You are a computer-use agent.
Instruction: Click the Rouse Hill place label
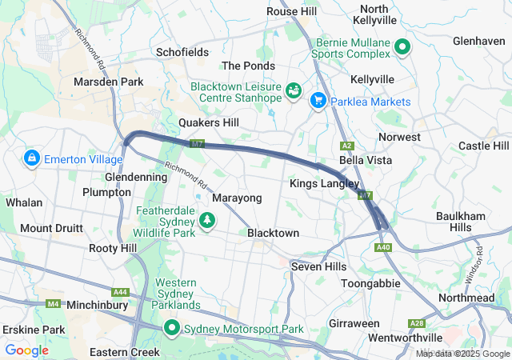point(292,11)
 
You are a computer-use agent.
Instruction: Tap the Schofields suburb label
point(182,52)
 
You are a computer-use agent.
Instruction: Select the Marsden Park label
point(108,82)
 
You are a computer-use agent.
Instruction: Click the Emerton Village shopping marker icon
point(32,158)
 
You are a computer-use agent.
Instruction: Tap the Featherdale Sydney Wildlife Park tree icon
point(207,219)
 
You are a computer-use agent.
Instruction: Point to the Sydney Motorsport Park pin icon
point(172,329)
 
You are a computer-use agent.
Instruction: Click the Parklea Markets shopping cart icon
point(318,101)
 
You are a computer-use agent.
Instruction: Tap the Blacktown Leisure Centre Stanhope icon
point(294,90)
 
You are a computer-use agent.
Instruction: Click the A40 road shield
point(383,248)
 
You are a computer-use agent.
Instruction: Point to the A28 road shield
point(417,322)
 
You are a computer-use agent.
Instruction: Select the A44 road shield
point(121,291)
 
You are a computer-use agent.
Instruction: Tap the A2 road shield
point(347,146)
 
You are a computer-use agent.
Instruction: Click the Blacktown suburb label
point(273,233)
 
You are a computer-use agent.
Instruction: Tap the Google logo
point(26,350)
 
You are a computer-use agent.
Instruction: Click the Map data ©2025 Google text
point(462,354)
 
